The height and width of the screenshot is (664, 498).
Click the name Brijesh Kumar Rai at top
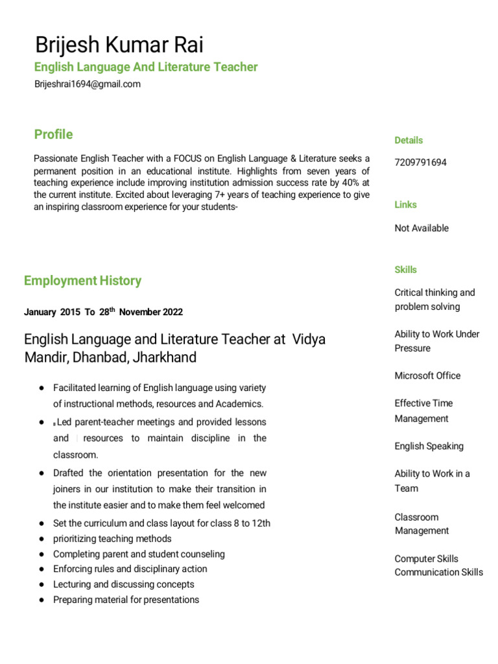[x=119, y=45]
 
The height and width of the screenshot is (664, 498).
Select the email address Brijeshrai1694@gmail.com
[x=87, y=84]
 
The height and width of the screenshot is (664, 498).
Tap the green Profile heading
[x=53, y=134]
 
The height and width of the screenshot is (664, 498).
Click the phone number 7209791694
[x=420, y=162]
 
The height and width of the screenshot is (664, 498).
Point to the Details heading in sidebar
[x=409, y=140]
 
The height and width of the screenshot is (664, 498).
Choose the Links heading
[x=406, y=204]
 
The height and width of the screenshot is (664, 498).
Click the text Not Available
[x=421, y=228]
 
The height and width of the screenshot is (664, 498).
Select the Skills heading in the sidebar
[x=406, y=269]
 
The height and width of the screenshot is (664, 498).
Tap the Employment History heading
[x=82, y=281]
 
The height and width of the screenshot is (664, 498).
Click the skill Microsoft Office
[x=427, y=375]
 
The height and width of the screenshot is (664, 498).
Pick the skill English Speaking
[x=429, y=446]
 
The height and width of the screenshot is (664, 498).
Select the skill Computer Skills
[x=426, y=558]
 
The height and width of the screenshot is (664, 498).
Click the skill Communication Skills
[x=438, y=572]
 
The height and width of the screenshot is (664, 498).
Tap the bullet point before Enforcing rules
[x=41, y=569]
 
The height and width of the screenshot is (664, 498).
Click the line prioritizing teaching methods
[x=112, y=538]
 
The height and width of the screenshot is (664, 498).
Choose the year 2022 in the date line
[x=172, y=312]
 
